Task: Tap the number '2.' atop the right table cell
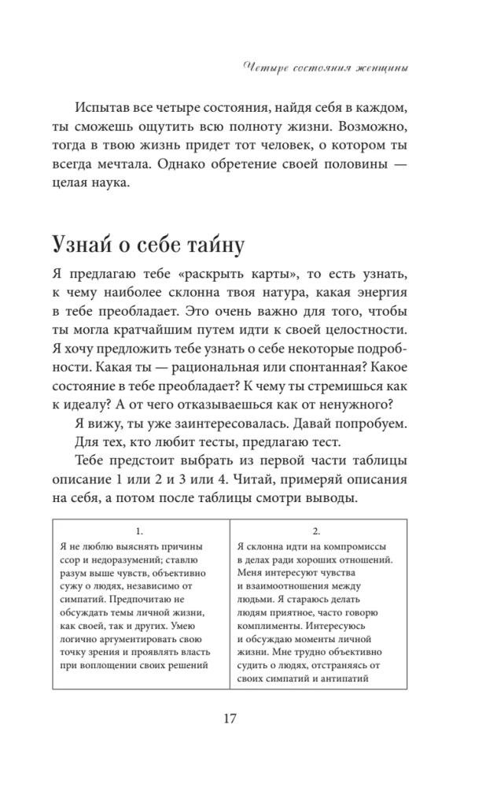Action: pos(315,531)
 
